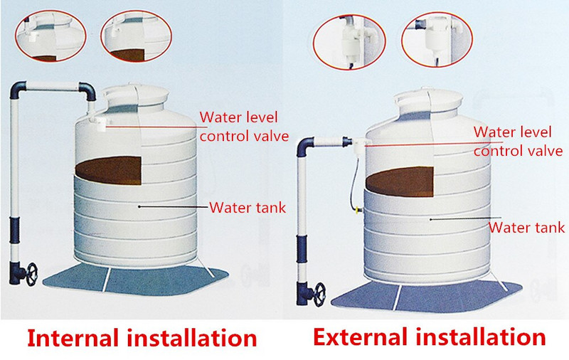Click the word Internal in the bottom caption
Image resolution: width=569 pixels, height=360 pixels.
pos(73,338)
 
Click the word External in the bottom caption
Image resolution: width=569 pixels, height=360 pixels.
pos(360,337)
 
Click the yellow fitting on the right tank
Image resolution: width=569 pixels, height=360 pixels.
pos(358,210)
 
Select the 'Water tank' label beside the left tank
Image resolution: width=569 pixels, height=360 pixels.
pos(248,208)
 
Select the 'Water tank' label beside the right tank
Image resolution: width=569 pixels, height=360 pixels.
pos(526,228)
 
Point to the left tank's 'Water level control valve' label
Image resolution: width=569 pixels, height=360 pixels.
pos(244,127)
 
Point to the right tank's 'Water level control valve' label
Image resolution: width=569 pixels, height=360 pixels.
pos(518,142)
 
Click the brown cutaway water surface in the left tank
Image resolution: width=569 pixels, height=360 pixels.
pos(109,170)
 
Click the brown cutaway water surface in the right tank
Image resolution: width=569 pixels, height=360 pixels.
pos(400,181)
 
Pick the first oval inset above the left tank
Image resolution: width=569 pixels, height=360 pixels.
pos(50,36)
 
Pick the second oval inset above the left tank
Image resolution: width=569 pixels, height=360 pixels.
pos(137,36)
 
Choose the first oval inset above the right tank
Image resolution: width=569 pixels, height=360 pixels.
pos(349,42)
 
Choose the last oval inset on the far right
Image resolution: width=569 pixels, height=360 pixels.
pos(437,40)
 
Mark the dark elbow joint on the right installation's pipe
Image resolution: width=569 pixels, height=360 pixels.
pos(304,146)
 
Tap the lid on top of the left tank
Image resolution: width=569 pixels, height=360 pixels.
pos(136,96)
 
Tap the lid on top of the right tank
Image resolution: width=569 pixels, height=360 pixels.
pos(429,100)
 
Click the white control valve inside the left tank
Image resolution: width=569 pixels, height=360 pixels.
pos(98,123)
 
